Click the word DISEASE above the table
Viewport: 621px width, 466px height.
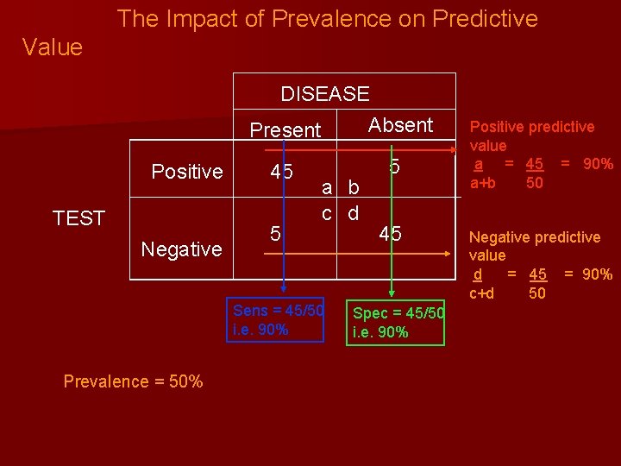324,94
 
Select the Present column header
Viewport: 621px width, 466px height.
285,130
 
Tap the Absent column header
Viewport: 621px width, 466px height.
400,125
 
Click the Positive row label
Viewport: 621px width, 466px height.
187,172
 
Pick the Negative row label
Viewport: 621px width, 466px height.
181,249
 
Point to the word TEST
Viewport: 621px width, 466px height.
78,218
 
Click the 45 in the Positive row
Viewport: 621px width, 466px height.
281,172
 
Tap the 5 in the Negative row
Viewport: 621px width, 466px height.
275,233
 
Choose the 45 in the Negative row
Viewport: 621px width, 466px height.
390,233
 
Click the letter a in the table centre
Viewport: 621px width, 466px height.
328,188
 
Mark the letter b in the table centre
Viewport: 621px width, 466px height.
353,188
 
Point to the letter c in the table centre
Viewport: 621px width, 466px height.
328,212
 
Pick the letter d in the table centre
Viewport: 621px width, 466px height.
353,212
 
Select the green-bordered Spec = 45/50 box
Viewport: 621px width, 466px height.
397,322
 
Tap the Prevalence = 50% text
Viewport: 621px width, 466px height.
134,381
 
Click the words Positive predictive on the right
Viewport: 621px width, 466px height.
531,127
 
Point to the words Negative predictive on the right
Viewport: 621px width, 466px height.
534,237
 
